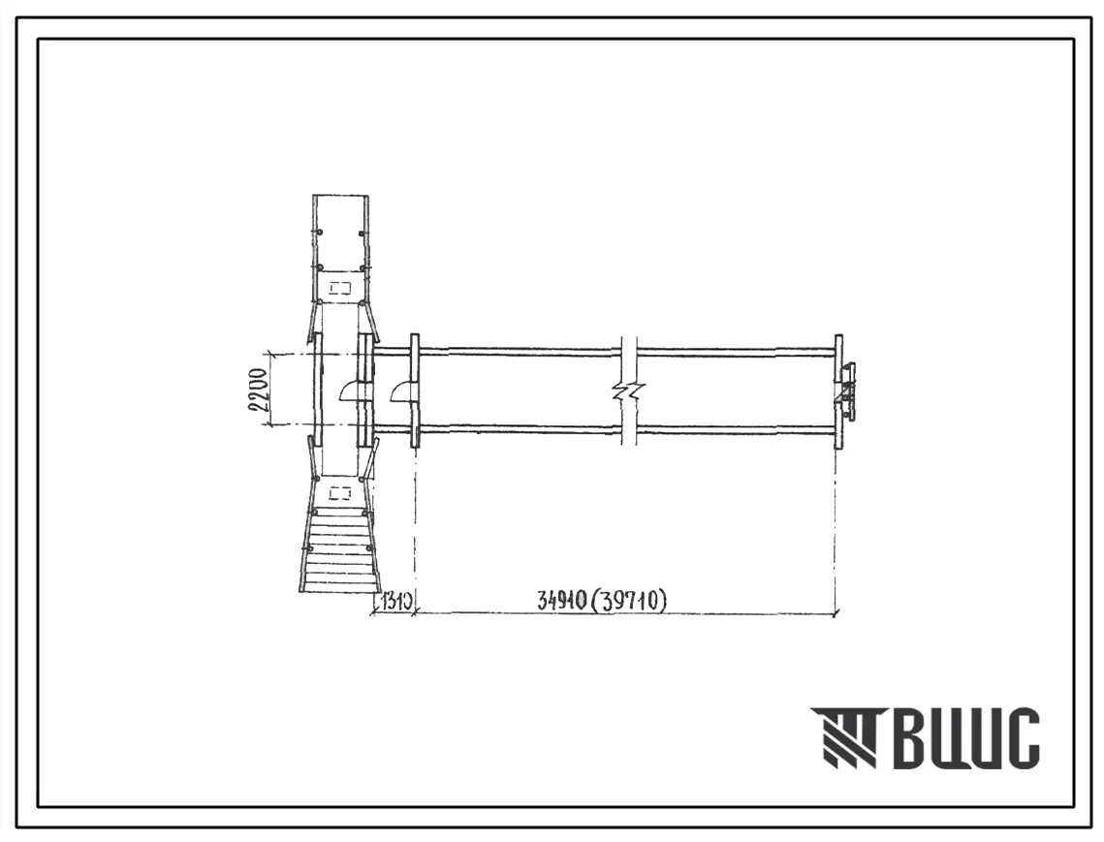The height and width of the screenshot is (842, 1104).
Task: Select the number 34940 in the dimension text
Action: [561, 601]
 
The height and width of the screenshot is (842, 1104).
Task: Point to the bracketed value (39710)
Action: [629, 601]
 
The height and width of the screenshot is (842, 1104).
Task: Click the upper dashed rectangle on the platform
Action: [341, 287]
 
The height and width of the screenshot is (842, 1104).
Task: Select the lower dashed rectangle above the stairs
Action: [340, 492]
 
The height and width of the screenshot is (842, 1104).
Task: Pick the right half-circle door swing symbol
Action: [402, 390]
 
